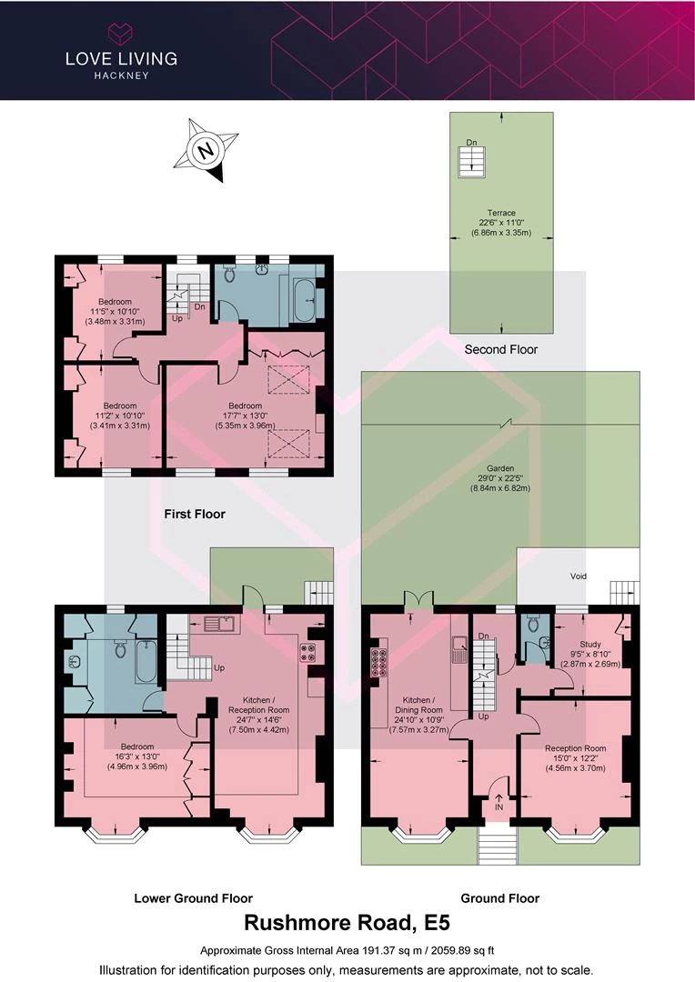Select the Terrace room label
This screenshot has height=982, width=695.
tap(501, 223)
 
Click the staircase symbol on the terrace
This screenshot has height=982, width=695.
tap(472, 162)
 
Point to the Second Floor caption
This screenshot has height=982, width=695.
tap(500, 349)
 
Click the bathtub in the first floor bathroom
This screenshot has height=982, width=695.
tap(307, 301)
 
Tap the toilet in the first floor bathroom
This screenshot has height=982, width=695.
tap(229, 273)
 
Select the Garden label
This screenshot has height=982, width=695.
tap(500, 478)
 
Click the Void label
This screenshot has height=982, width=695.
tap(579, 576)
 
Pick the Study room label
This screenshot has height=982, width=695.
tap(589, 654)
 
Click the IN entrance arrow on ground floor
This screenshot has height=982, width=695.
tap(499, 803)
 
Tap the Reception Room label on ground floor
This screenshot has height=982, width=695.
tap(575, 757)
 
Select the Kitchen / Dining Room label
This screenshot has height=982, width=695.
tap(418, 715)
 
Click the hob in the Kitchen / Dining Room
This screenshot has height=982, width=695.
tap(379, 663)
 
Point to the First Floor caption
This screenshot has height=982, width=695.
tap(195, 514)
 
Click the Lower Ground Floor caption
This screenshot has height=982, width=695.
tap(193, 898)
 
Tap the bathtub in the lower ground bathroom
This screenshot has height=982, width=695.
tap(146, 661)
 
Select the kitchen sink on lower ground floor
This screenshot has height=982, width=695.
tap(219, 623)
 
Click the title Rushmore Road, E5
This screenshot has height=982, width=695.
tap(347, 923)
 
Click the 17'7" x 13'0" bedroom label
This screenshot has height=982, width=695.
tap(245, 416)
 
